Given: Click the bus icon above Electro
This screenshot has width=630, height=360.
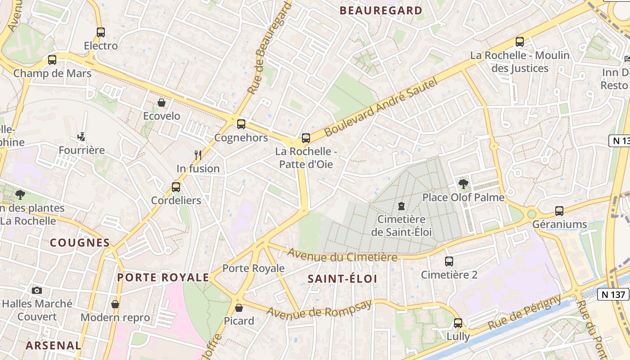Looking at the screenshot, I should pyautogui.click(x=101, y=32).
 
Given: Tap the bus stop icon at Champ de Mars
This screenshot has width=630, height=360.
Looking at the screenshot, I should pyautogui.click(x=52, y=60).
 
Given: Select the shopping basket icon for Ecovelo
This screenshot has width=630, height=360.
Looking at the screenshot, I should pyautogui.click(x=162, y=103).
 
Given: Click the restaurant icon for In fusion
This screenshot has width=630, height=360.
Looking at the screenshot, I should pyautogui.click(x=198, y=155).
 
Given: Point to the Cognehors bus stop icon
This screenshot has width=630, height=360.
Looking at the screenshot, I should pyautogui.click(x=241, y=124).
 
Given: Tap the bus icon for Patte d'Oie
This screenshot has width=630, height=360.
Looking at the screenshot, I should pyautogui.click(x=306, y=138).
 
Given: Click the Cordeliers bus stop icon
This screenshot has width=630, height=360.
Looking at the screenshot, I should pyautogui.click(x=176, y=187).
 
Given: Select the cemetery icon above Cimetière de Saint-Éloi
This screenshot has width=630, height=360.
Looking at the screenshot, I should pyautogui.click(x=401, y=207).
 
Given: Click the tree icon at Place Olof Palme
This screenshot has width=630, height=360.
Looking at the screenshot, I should pyautogui.click(x=463, y=184).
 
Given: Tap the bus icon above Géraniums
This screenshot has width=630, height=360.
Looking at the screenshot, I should pyautogui.click(x=559, y=211).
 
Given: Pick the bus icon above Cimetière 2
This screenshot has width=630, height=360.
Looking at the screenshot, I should pyautogui.click(x=449, y=261).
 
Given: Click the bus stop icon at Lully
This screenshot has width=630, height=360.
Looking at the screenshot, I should pyautogui.click(x=458, y=323).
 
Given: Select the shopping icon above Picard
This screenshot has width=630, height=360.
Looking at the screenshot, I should pyautogui.click(x=239, y=308).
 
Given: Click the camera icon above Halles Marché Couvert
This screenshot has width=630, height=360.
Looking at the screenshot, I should pyautogui.click(x=37, y=291).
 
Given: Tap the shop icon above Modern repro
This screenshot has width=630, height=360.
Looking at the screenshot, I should pyautogui.click(x=115, y=305).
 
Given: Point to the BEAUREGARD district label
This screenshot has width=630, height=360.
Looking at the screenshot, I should pyautogui.click(x=381, y=10).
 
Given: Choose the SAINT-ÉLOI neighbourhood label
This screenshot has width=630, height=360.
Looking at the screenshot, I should pyautogui.click(x=342, y=279).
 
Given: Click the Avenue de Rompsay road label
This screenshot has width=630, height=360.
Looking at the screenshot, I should pyautogui.click(x=319, y=309).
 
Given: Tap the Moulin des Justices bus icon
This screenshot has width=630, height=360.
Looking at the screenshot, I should pyautogui.click(x=520, y=42).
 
